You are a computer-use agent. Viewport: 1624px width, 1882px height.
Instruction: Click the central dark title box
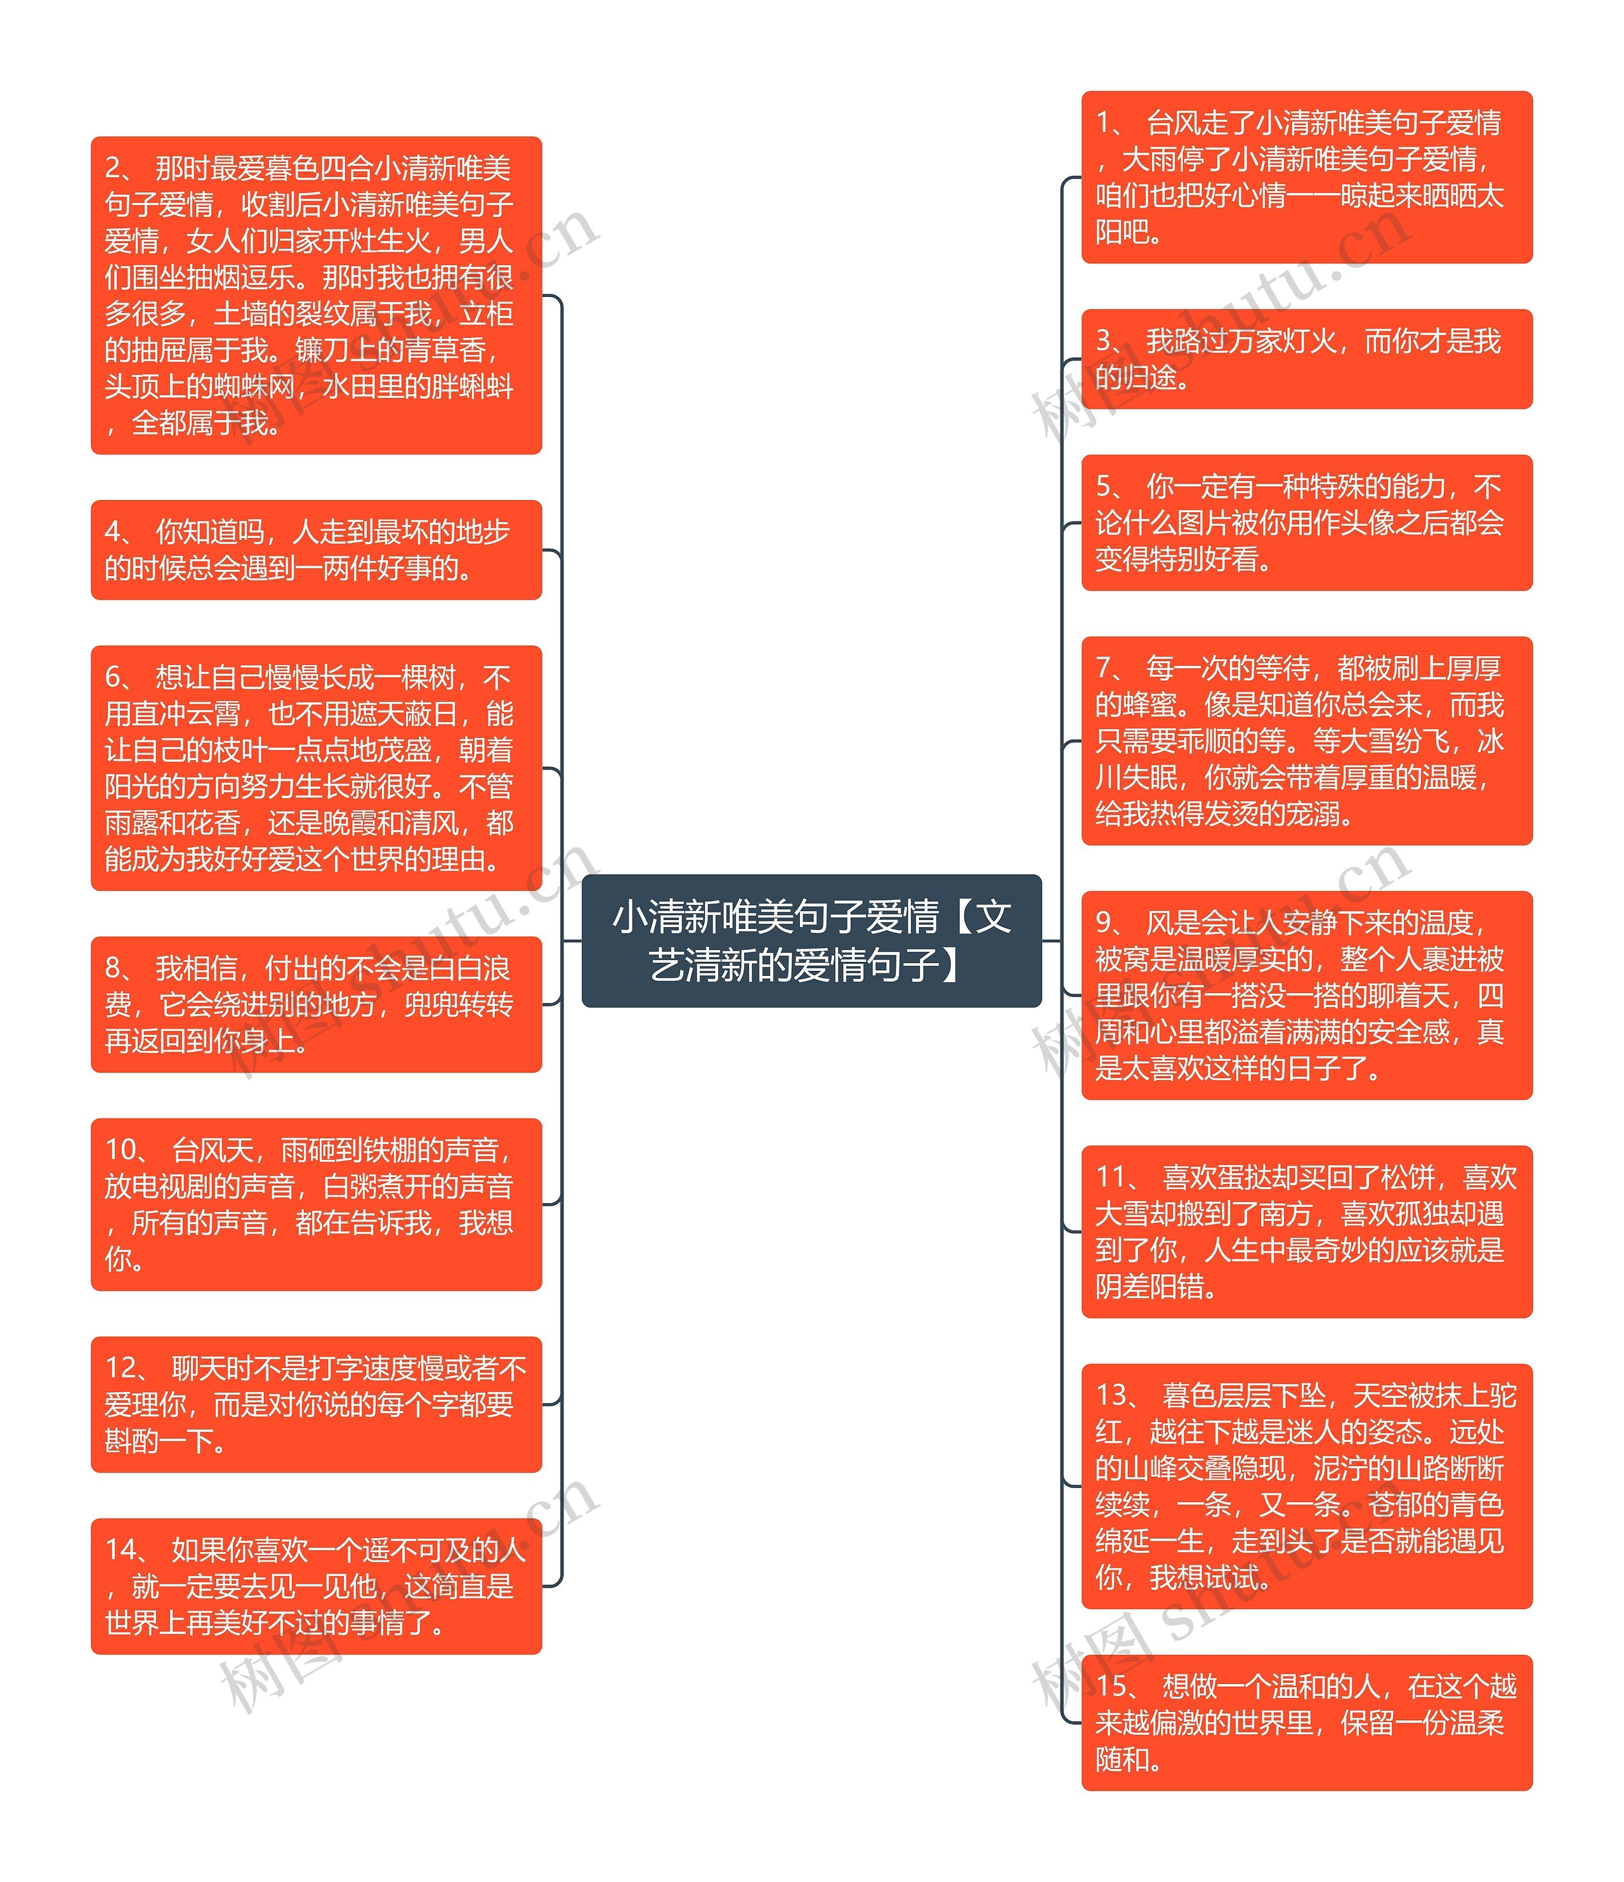pos(811,940)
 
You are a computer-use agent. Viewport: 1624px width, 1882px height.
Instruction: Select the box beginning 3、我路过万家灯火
pos(1306,359)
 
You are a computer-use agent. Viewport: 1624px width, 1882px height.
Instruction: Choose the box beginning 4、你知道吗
pos(316,549)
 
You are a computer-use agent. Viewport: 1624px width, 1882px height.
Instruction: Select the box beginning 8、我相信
pos(316,1004)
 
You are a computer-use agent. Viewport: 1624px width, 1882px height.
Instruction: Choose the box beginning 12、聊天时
pos(316,1404)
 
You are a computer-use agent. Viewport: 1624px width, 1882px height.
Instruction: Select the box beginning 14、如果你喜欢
pos(316,1586)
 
